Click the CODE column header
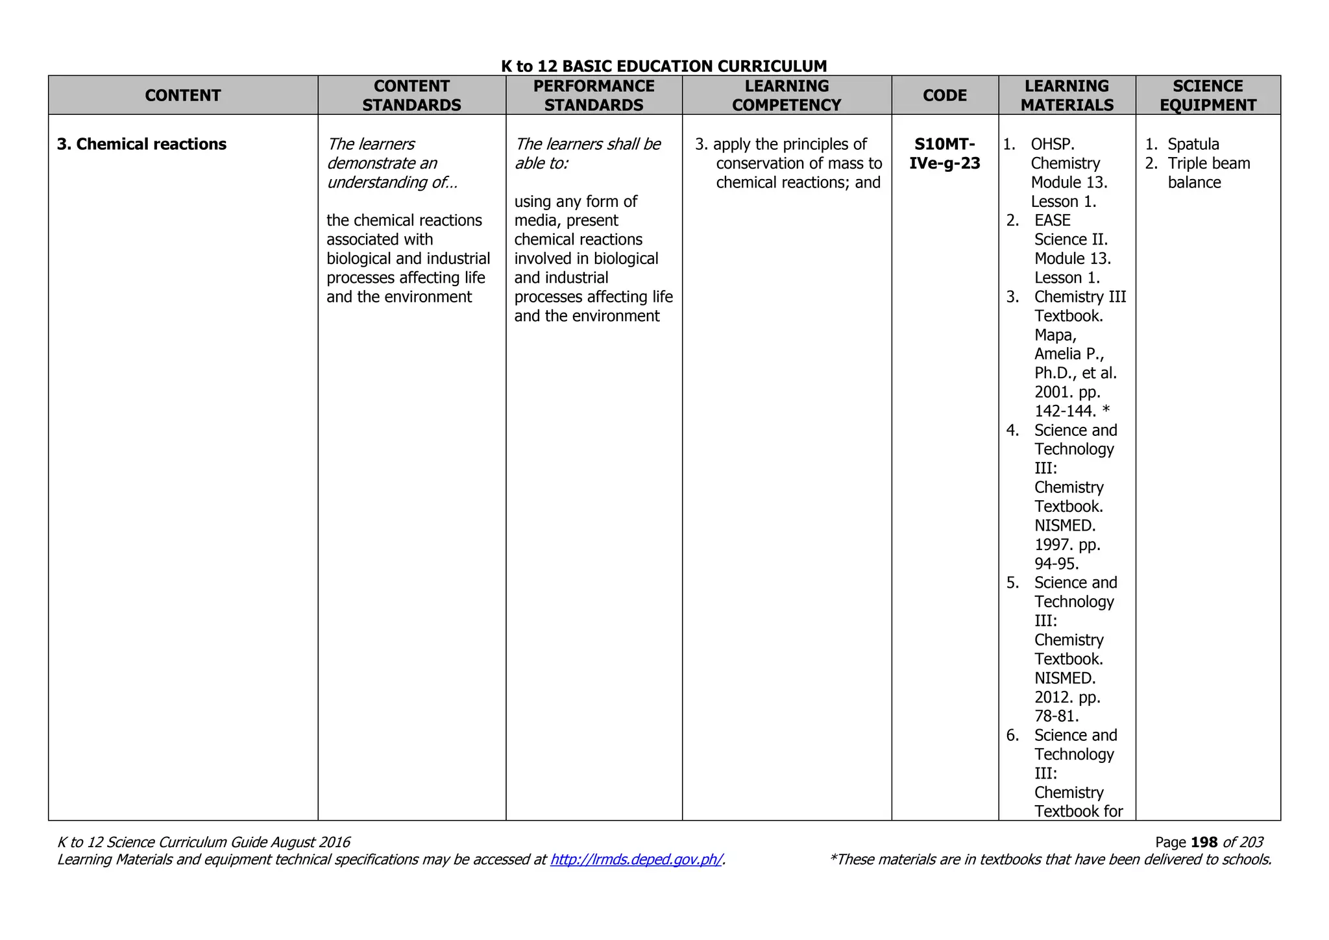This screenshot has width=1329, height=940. point(944,95)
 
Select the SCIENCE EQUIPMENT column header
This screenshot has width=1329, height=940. point(1208,95)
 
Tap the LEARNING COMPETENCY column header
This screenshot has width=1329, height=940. point(786,95)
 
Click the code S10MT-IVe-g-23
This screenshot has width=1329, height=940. point(944,154)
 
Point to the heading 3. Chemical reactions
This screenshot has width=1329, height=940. point(141,144)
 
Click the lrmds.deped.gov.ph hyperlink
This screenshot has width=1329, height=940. point(636,860)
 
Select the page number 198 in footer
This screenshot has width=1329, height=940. point(1204,842)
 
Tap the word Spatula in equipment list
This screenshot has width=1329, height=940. point(1193,144)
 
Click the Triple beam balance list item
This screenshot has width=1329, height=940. point(1208,173)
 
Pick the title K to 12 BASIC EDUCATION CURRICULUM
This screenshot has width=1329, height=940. point(664,66)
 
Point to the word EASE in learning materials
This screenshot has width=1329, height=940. point(1052,221)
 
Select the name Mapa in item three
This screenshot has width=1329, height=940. point(1055,335)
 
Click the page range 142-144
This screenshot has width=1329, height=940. point(1065,411)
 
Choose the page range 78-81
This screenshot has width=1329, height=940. point(1056,716)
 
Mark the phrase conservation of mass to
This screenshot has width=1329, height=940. point(799,163)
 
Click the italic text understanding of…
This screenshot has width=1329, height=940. point(392,182)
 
